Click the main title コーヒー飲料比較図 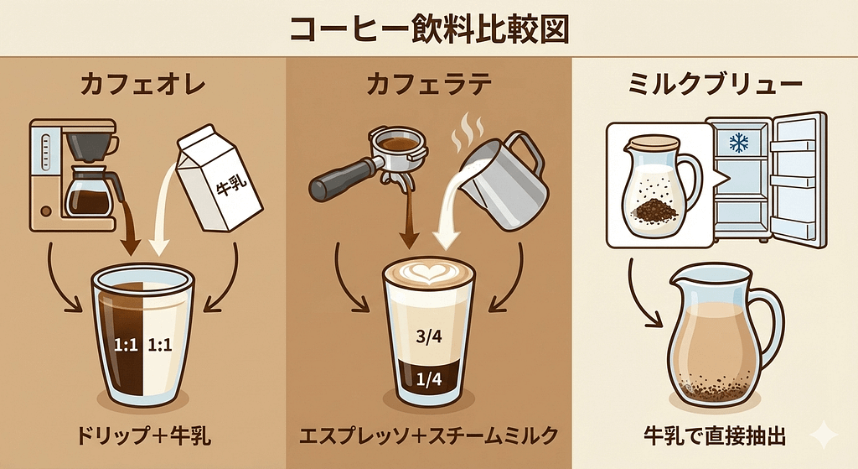point(429,28)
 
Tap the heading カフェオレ point(142,85)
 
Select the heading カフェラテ point(428,85)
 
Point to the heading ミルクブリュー point(715,85)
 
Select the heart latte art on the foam point(429,273)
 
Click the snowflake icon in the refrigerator point(738,143)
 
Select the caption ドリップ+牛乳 point(142,436)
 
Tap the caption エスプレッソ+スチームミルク point(428,436)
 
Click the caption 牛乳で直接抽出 point(715,436)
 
